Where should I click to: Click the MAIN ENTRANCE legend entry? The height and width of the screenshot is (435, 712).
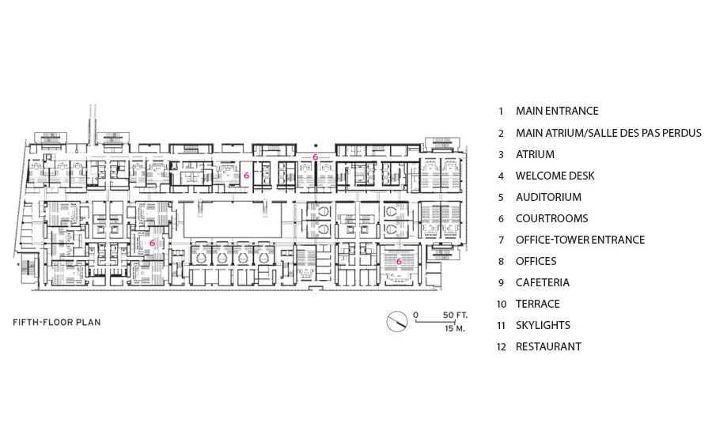pos(557,111)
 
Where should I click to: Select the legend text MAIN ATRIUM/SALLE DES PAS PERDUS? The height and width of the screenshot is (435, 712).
pos(608,133)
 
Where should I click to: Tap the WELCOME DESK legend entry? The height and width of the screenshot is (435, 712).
pos(555,176)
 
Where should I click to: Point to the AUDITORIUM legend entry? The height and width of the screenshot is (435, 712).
pos(548,197)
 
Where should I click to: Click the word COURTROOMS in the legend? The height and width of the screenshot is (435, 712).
pos(551,218)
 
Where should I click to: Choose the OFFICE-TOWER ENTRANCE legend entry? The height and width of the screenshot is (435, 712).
pos(580,240)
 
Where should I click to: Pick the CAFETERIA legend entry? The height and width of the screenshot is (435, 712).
pos(542,282)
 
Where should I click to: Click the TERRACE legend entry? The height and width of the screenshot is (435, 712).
pos(538,304)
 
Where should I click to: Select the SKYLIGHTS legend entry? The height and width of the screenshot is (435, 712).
pos(543,325)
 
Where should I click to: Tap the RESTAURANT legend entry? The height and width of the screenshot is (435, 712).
pos(548,346)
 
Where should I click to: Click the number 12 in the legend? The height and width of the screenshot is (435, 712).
pos(502,347)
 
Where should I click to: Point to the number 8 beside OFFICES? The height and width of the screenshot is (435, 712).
pos(502,262)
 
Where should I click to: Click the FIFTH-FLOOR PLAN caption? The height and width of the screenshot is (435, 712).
pos(57,323)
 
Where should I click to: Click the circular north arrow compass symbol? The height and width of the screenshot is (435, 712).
pos(397,321)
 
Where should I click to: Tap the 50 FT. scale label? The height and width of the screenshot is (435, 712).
pos(455,315)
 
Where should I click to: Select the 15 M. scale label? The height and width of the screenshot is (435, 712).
pos(455,328)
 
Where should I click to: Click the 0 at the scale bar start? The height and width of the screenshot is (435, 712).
pos(416,315)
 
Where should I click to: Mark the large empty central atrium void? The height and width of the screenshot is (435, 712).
pos(233,219)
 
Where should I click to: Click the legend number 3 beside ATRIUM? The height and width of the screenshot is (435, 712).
pos(502,155)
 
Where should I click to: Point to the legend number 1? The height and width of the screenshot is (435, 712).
pos(502,112)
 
